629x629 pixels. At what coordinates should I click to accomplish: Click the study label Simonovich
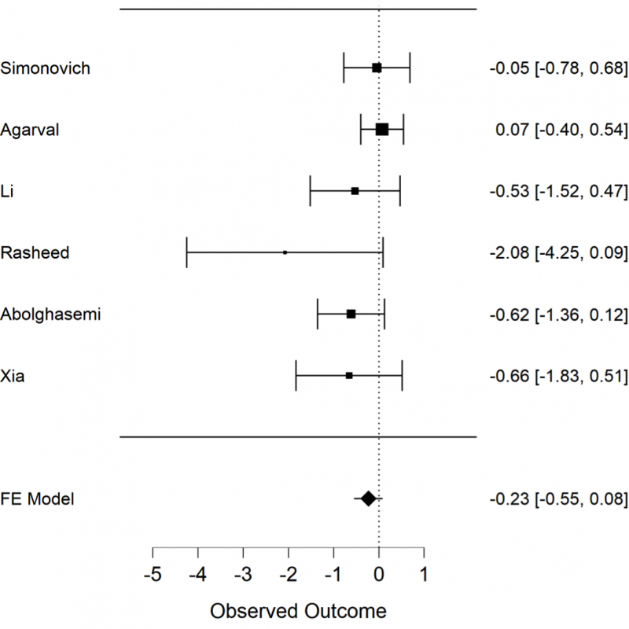coord(46,68)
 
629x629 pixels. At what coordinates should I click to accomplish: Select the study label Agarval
coord(31,130)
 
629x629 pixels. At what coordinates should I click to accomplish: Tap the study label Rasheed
coord(35,252)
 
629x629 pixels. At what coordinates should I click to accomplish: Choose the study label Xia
coord(14,376)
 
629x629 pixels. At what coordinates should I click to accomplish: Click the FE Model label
coord(38,498)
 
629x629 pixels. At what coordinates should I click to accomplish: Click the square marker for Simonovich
coord(377,68)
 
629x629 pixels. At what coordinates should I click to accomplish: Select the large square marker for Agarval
coord(382,130)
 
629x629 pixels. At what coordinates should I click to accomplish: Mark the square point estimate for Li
coord(355,191)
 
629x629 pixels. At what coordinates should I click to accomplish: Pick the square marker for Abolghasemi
coord(351,314)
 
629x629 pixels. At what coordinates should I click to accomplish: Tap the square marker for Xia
coord(349,376)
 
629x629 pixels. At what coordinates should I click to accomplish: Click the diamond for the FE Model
coord(368,498)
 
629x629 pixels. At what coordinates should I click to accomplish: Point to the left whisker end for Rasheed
coord(187,252)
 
